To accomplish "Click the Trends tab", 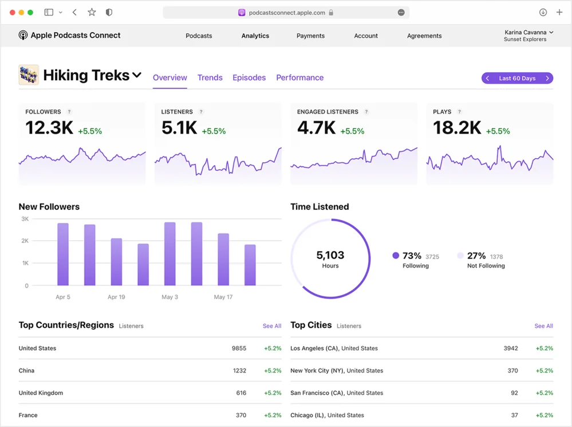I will click(x=210, y=78).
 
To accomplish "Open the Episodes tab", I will click(x=249, y=78).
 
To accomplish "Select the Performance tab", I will click(x=299, y=78).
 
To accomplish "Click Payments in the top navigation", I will click(x=310, y=36).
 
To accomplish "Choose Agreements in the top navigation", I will click(x=424, y=36).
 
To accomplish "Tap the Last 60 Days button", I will click(x=517, y=79).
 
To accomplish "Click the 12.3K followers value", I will click(x=49, y=128).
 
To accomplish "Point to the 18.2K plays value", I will click(x=457, y=128).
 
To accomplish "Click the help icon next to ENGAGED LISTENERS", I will click(x=366, y=112).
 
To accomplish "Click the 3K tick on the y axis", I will click(x=25, y=219).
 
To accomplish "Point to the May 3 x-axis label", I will click(x=170, y=297).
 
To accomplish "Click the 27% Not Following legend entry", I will click(x=481, y=260).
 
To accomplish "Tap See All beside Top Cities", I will click(x=543, y=326).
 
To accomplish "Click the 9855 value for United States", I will click(x=239, y=348).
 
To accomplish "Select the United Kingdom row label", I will click(x=41, y=393).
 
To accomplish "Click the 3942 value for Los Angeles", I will click(x=510, y=348).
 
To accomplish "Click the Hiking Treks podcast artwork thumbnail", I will click(x=29, y=75).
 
